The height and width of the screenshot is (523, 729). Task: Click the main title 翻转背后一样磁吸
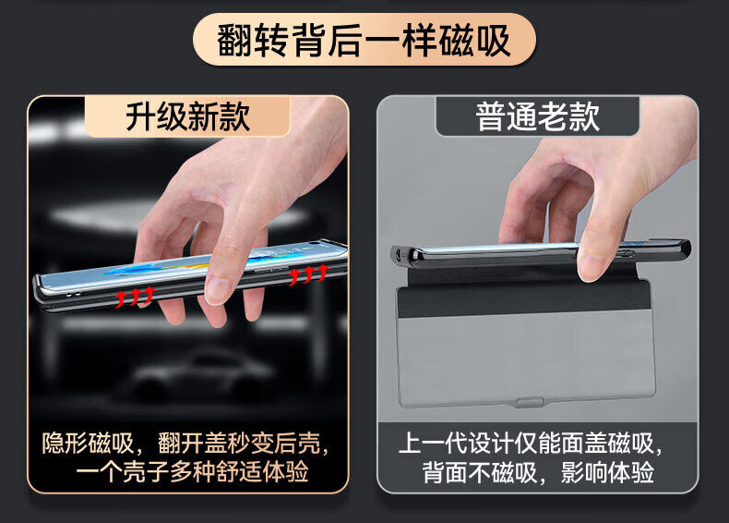click(x=364, y=41)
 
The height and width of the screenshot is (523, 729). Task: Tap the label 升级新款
click(x=188, y=116)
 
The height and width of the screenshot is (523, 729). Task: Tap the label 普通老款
click(x=537, y=116)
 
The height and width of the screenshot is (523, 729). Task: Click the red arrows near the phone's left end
click(x=135, y=297)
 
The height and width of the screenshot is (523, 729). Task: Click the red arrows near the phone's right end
click(x=308, y=274)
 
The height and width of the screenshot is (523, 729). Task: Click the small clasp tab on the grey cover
click(x=529, y=402)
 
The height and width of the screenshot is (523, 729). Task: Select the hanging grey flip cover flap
click(x=525, y=344)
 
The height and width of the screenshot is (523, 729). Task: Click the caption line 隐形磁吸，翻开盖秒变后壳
click(x=186, y=443)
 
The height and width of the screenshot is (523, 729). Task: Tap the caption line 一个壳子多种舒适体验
click(x=192, y=472)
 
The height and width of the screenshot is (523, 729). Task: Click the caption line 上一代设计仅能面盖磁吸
click(x=531, y=443)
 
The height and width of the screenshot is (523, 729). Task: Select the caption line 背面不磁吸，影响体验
click(x=538, y=472)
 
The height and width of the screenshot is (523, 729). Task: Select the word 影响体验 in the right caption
click(x=607, y=472)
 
